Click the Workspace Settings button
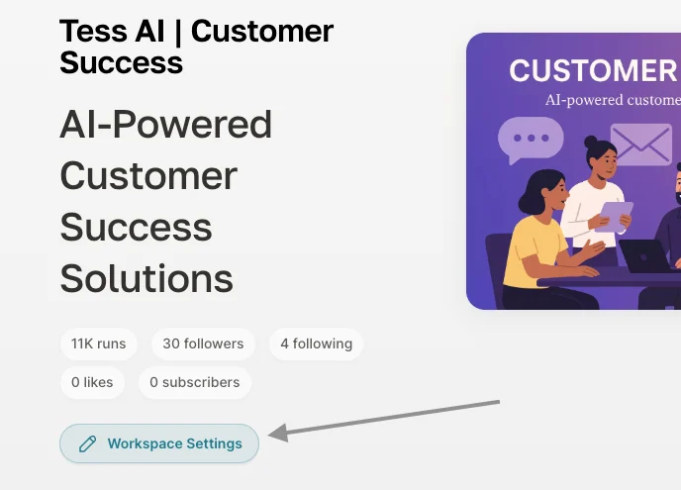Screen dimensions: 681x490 [159, 443]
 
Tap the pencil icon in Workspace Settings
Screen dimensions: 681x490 [87, 443]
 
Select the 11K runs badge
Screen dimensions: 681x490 [99, 344]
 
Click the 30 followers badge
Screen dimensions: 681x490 [203, 344]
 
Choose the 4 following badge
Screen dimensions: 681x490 [316, 344]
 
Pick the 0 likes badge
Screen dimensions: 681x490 [92, 383]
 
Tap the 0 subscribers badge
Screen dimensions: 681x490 [195, 383]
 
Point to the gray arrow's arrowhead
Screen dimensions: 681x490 [278, 433]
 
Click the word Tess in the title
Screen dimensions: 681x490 [94, 32]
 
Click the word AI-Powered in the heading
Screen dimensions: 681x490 [166, 125]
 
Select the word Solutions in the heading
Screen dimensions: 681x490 [146, 279]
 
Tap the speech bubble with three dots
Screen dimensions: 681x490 [531, 139]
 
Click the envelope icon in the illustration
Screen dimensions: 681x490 [641, 145]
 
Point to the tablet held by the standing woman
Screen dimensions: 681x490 [614, 216]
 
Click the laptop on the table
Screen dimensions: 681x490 [646, 256]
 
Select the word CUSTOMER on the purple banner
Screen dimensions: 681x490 [593, 71]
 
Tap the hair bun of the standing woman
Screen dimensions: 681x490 [591, 142]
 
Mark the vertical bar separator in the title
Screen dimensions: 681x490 [177, 32]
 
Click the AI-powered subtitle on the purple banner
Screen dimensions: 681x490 [613, 100]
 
